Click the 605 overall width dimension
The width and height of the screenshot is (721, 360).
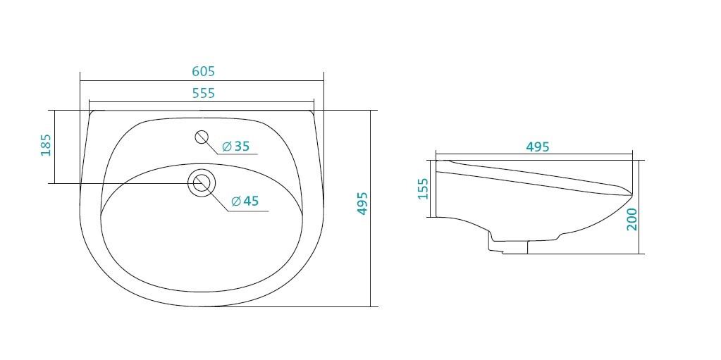(203, 71)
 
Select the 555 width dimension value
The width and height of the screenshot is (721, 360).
(203, 93)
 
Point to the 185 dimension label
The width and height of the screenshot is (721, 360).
(46, 145)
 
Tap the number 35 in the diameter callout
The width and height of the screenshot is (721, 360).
(242, 147)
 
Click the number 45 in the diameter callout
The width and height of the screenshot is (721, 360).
(252, 201)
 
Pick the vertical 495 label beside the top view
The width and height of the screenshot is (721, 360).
(362, 204)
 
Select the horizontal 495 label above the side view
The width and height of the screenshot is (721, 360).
(538, 147)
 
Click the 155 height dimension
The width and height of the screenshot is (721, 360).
(423, 189)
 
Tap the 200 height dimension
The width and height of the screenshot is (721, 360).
(631, 219)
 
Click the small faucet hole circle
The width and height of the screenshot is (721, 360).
(202, 137)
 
